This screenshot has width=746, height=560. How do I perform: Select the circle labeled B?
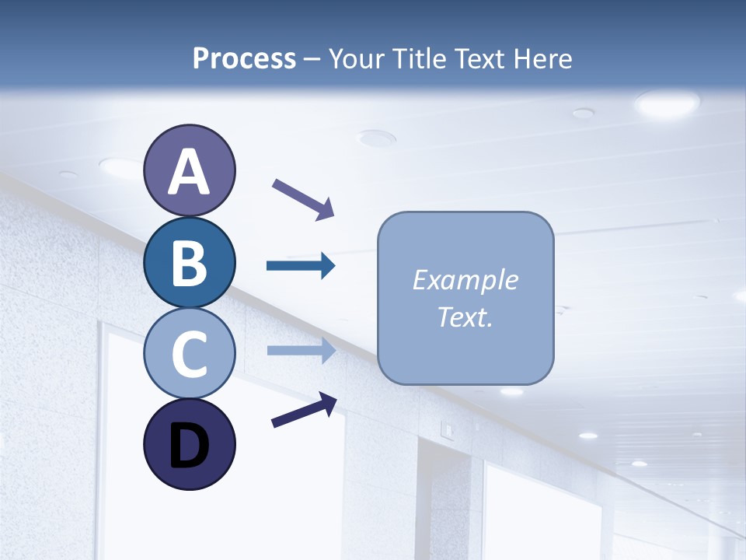(x=190, y=263)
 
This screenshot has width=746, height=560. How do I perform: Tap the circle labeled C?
(x=190, y=353)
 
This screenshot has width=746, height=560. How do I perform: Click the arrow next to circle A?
(x=303, y=199)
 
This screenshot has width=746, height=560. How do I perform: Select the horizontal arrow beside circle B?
(x=301, y=266)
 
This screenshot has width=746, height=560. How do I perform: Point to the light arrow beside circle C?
(x=301, y=350)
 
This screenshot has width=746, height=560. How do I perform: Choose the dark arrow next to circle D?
(x=304, y=411)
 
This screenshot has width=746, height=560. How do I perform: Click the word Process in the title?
(x=244, y=58)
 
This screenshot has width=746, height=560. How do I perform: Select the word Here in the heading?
(x=543, y=58)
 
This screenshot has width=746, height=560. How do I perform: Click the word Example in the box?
(x=465, y=280)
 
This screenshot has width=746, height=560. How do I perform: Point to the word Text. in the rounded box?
(x=465, y=317)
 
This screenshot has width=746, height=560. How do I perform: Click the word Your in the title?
(x=357, y=58)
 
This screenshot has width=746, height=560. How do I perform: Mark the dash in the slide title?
(x=312, y=59)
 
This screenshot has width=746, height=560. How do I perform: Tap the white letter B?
(x=190, y=263)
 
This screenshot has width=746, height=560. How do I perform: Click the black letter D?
(x=190, y=446)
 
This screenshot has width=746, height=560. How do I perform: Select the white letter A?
(x=190, y=172)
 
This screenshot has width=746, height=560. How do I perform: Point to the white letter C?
(x=190, y=355)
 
